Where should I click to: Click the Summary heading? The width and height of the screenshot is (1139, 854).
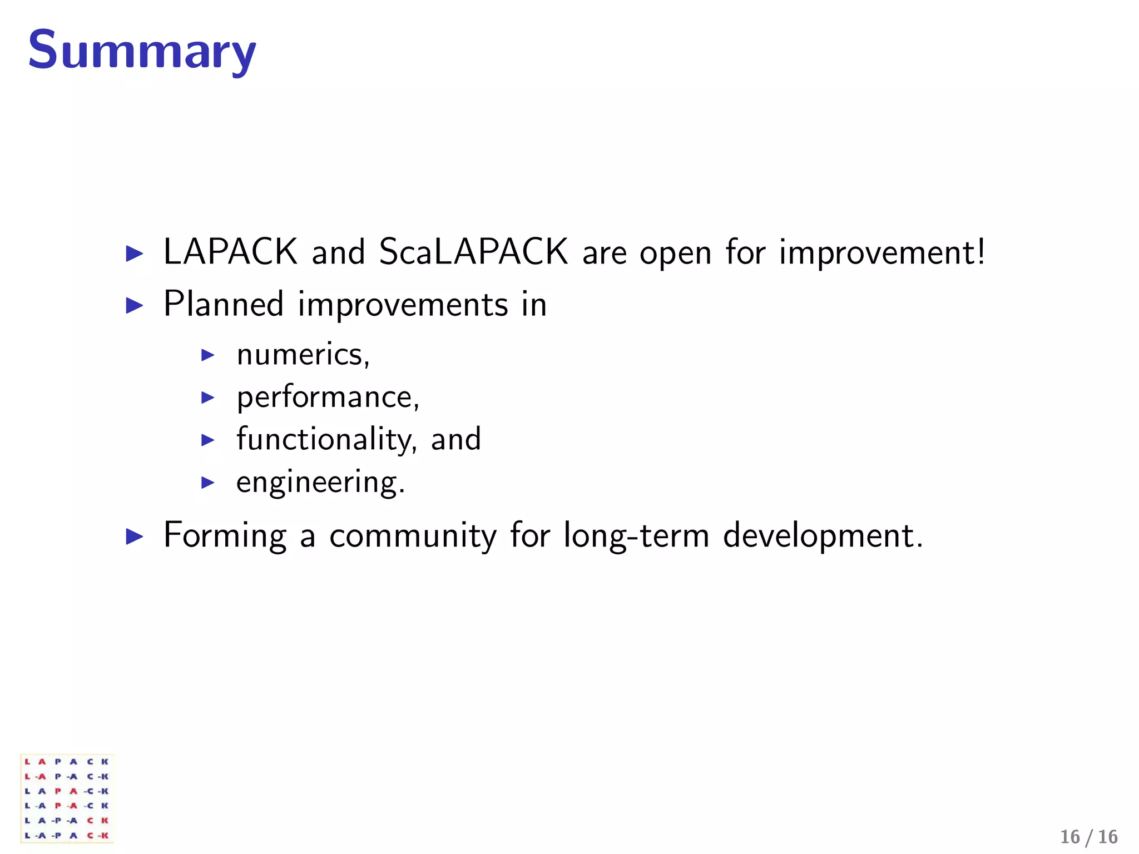pyautogui.click(x=142, y=51)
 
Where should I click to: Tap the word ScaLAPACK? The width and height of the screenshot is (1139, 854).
pyautogui.click(x=473, y=252)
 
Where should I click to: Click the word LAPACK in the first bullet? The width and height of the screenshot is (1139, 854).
pyautogui.click(x=230, y=252)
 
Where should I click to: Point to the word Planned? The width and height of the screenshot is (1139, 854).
pyautogui.click(x=224, y=304)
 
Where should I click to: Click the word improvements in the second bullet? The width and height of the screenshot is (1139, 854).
pyautogui.click(x=403, y=305)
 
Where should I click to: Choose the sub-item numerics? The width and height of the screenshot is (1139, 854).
pyautogui.click(x=303, y=355)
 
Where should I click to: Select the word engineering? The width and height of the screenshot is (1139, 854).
pyautogui.click(x=320, y=483)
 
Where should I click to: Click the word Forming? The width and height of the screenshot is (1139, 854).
pyautogui.click(x=225, y=536)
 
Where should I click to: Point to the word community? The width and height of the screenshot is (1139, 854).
pyautogui.click(x=413, y=536)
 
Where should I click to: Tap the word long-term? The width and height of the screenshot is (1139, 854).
pyautogui.click(x=636, y=536)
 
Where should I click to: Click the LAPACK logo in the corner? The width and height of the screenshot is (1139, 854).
pyautogui.click(x=67, y=798)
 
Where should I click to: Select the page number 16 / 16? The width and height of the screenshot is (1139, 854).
pyautogui.click(x=1088, y=837)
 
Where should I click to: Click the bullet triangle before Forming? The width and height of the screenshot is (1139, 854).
pyautogui.click(x=135, y=537)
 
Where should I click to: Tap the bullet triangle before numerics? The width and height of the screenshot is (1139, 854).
pyautogui.click(x=207, y=355)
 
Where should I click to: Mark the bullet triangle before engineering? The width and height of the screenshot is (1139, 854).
pyautogui.click(x=207, y=482)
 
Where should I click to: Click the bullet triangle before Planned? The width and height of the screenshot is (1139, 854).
pyautogui.click(x=135, y=305)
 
